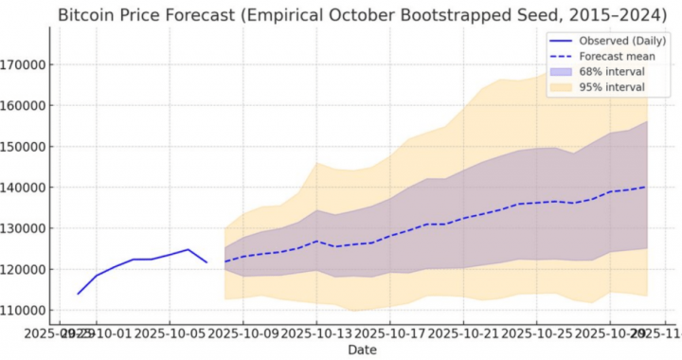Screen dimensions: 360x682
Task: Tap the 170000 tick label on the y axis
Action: point(24,65)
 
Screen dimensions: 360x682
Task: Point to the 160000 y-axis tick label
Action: point(24,106)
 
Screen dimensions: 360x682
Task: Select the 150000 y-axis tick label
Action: point(24,147)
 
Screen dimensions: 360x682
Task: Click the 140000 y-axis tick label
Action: point(24,188)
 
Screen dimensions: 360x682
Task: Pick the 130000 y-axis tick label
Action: point(24,228)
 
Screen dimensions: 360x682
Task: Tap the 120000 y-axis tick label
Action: point(24,269)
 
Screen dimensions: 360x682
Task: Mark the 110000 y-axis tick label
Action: point(24,310)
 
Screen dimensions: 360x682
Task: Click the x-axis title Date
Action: point(362,351)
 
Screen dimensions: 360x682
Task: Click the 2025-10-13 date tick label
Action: point(317,333)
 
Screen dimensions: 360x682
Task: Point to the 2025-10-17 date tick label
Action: point(390,333)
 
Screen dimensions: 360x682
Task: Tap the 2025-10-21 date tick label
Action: point(464,333)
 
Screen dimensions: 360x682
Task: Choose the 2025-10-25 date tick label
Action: point(537,333)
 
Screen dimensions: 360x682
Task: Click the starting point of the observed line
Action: point(78,294)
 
